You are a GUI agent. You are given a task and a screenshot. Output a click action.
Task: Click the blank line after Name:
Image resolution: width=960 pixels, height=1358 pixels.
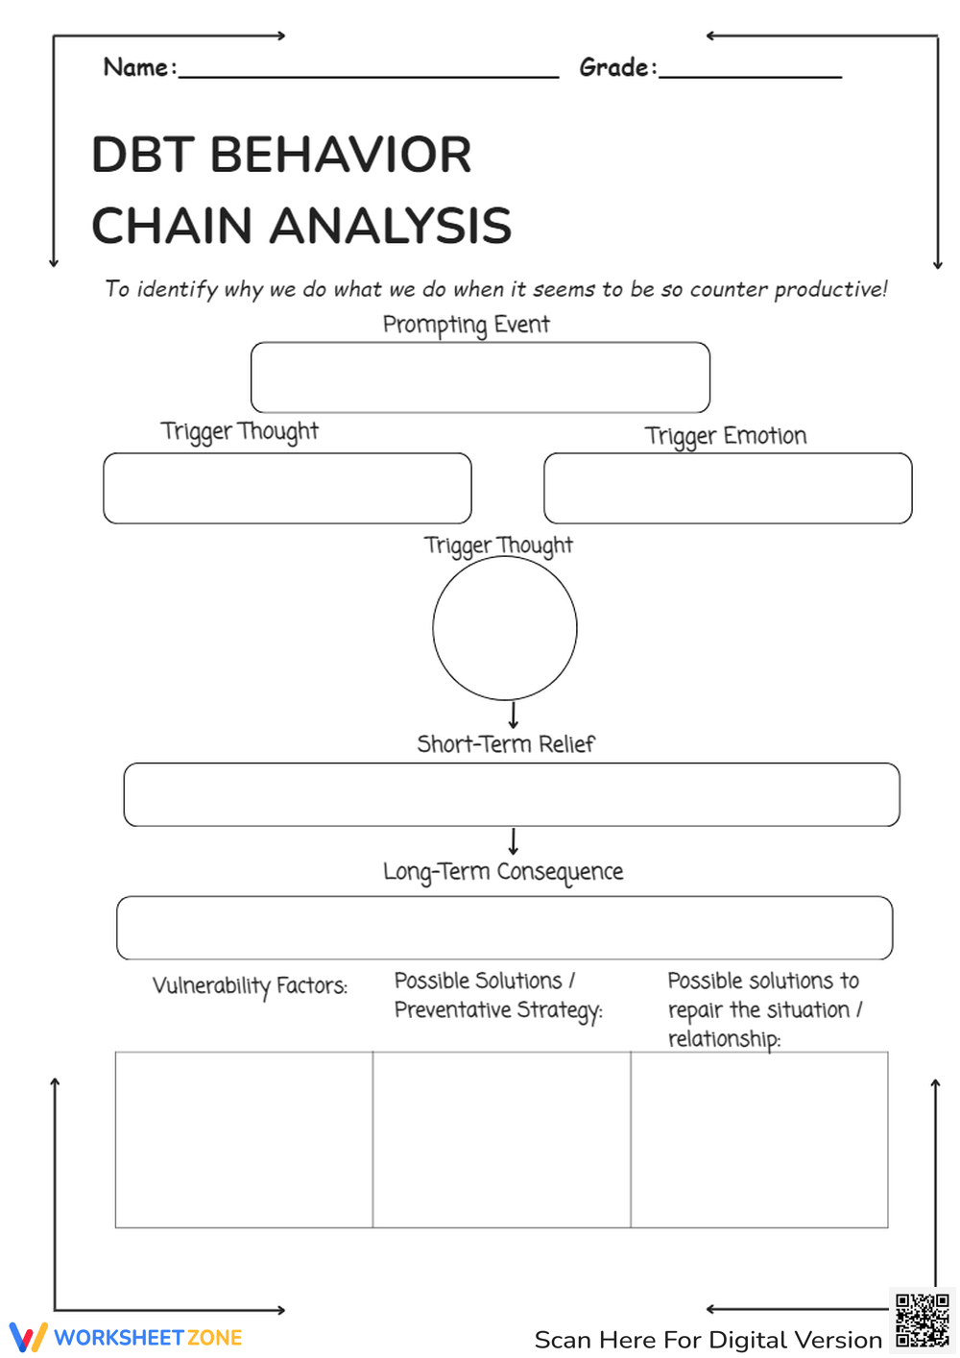(369, 75)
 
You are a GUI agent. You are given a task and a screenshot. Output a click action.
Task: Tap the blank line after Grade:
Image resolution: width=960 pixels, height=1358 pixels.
(750, 75)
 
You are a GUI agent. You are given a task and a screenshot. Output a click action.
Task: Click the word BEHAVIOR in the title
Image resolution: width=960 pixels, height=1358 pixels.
(341, 155)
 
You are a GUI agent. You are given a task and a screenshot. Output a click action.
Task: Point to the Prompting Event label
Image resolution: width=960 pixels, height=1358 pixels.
(466, 325)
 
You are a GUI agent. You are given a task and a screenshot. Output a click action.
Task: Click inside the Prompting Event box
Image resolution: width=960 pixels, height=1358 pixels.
(480, 377)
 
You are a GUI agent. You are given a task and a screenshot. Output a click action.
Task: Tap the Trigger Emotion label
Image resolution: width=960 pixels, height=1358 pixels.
(725, 436)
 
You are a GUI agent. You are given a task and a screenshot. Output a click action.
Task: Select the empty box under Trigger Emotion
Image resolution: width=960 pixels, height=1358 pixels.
(728, 488)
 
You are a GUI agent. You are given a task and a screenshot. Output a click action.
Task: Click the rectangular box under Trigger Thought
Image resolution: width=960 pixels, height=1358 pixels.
(287, 488)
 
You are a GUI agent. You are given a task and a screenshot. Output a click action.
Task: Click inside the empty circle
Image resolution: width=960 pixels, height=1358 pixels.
(504, 628)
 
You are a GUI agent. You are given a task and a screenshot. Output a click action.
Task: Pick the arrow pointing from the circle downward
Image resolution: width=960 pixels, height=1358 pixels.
(513, 715)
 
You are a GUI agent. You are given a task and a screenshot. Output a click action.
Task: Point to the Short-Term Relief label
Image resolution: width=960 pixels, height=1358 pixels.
(505, 744)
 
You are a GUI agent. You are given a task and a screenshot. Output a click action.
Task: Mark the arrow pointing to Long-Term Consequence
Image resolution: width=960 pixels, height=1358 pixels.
(513, 841)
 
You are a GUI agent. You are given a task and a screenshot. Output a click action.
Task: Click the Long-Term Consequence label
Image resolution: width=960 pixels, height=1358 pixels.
(502, 872)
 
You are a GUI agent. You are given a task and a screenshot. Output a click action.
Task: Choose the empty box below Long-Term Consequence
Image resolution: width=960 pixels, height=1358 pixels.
(504, 928)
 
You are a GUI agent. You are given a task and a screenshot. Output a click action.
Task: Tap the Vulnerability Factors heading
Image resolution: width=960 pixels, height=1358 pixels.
(250, 986)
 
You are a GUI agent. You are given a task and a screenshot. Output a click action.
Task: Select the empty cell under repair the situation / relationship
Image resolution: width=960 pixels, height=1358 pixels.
(758, 1140)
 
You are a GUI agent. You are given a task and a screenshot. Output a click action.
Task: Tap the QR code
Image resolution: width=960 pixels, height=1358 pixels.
(922, 1321)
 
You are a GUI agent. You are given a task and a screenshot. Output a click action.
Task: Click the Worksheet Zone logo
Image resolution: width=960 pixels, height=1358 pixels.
(126, 1337)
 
